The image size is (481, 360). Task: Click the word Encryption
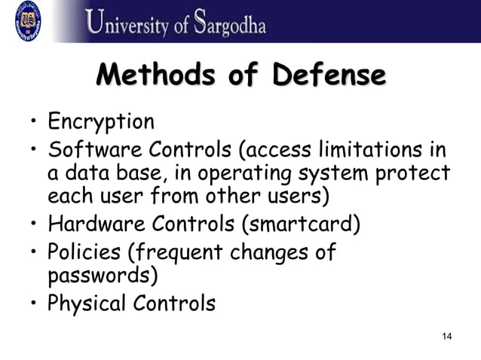click(x=101, y=121)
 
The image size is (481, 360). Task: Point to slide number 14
click(x=446, y=336)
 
